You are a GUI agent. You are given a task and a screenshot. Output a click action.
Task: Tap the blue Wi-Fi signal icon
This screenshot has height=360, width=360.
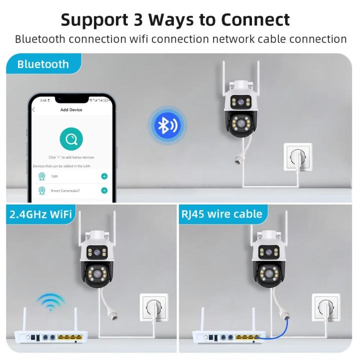click(x=50, y=302)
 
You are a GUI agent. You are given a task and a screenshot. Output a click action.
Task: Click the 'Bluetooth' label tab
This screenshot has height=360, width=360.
click(x=43, y=64)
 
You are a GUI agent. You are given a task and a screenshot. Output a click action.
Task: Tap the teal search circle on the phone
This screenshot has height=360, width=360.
click(x=70, y=138)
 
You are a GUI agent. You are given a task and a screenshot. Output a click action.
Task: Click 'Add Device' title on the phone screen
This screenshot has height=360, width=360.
click(x=71, y=109)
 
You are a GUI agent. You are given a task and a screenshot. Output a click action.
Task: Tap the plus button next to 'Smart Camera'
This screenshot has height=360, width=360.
click(x=104, y=190)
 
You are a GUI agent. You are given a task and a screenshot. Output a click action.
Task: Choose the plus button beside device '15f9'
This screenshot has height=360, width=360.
click(x=104, y=176)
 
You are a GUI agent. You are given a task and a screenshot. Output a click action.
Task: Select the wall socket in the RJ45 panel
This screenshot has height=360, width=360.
click(x=326, y=306)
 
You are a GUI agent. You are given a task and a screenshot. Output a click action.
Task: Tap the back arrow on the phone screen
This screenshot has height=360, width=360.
click(x=33, y=109)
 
